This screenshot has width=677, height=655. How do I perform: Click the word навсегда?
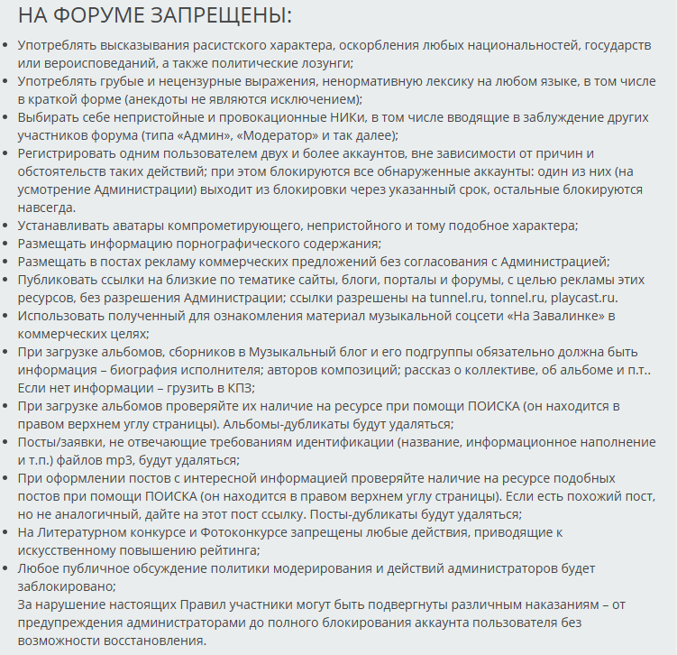tap(49, 208)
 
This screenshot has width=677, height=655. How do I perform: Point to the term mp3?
tap(101, 460)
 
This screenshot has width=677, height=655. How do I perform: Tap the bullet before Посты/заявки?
tap(7, 442)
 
